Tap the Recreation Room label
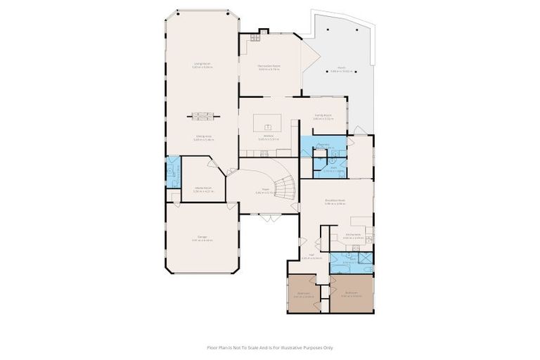pyautogui.click(x=269, y=67)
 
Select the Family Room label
pyautogui.click(x=323, y=117)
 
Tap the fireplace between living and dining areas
pyautogui.click(x=202, y=116)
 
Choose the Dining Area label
pyautogui.click(x=204, y=138)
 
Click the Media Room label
pyautogui.click(x=203, y=189)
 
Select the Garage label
pyautogui.click(x=202, y=238)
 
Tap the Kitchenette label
pyautogui.click(x=352, y=236)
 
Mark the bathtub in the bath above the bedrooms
pyautogui.click(x=364, y=267)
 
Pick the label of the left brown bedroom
pyautogui.click(x=304, y=295)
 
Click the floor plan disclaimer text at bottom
pyautogui.click(x=270, y=347)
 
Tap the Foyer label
pyautogui.click(x=266, y=190)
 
